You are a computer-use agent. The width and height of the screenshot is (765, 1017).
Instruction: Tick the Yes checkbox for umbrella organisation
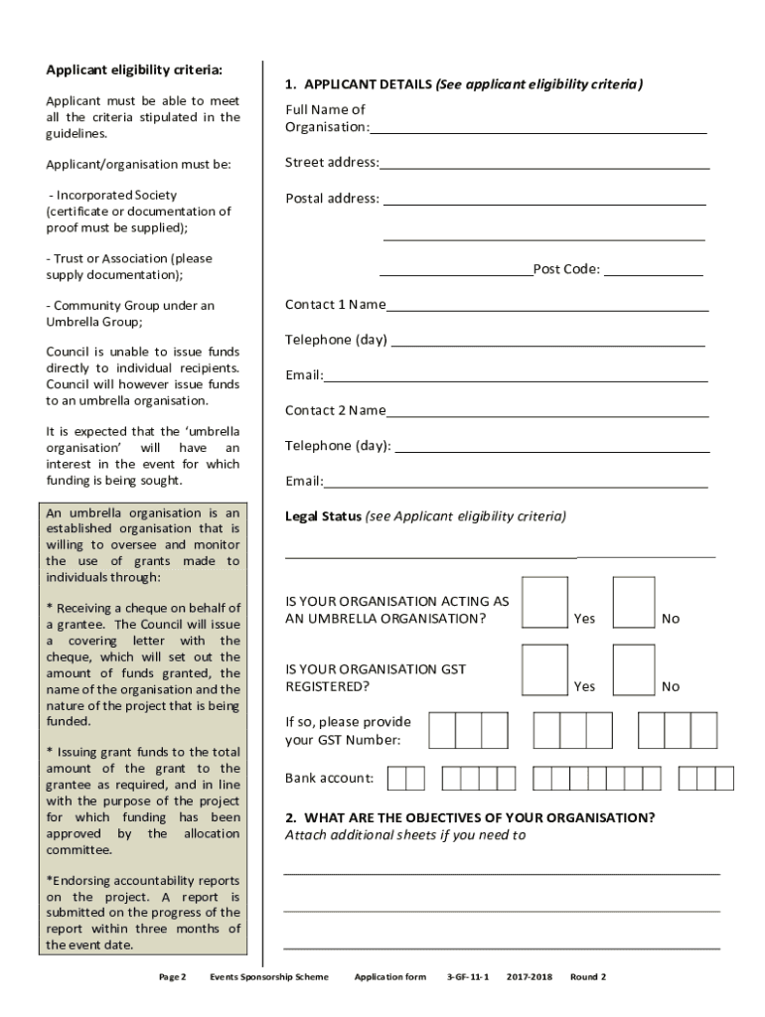pos(544,602)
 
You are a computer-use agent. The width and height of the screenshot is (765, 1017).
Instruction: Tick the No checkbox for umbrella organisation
pos(634,602)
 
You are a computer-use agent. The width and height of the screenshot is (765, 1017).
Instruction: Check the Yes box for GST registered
pos(544,669)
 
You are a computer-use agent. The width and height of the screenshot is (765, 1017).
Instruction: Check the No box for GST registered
pos(634,669)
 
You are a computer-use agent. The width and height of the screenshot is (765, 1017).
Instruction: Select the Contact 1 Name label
pos(335,305)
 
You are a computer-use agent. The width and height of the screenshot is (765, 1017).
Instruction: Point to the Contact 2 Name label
pos(335,410)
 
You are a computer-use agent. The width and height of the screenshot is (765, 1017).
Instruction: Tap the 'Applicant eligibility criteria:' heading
pos(134,70)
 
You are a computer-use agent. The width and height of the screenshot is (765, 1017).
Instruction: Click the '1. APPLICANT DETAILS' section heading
pos(358,84)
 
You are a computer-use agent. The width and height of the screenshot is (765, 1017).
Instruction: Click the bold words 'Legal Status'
pos(323,516)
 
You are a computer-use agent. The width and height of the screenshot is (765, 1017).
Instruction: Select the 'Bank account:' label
pos(329,779)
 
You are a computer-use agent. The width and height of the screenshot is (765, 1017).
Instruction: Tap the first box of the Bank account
pos(396,778)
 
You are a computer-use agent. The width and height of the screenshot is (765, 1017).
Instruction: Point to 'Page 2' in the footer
pos(173,977)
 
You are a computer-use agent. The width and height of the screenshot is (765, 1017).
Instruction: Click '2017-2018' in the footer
pos(529,977)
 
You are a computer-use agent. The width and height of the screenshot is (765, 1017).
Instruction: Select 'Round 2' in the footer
pos(587,977)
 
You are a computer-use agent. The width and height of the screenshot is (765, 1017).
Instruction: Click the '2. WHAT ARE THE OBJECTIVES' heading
pos(469,818)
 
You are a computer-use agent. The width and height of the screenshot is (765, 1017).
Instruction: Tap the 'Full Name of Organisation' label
pos(327,118)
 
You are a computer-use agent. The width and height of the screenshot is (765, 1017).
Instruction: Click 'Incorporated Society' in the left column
pos(116,196)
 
